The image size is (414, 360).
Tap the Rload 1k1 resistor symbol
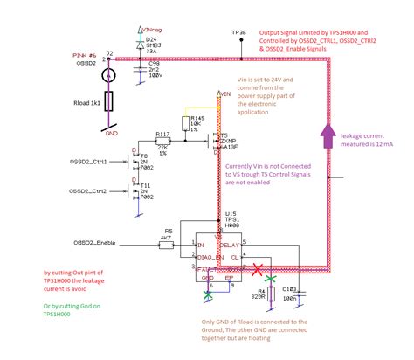point(108,103)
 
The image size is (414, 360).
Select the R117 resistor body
point(162,139)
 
